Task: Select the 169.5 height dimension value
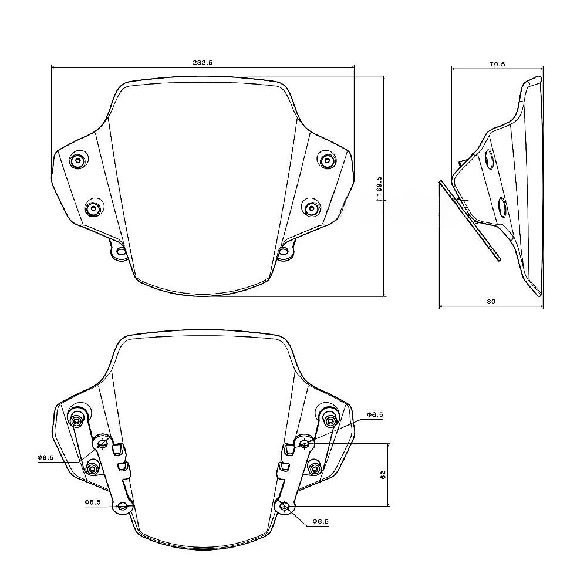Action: coord(380,187)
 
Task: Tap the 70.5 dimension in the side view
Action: coord(496,63)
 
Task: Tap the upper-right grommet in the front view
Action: coord(326,159)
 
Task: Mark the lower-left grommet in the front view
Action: coord(93,208)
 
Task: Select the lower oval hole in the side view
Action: coord(502,206)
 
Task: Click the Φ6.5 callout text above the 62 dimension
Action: coord(375,414)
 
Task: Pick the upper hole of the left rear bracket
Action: coord(104,443)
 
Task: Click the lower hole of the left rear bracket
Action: coord(122,507)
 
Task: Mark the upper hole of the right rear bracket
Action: coord(304,443)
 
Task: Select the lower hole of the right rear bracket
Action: coord(284,507)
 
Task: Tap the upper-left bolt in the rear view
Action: coord(76,420)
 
